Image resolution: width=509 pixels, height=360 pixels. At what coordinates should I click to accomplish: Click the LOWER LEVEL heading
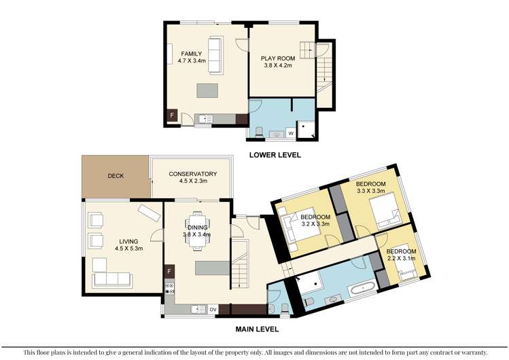coord(275,155)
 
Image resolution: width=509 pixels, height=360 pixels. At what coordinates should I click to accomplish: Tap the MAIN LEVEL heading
coord(257,329)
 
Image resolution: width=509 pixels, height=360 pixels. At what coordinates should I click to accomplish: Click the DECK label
coord(116,176)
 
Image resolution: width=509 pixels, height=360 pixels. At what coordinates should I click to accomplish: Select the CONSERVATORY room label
coord(193,174)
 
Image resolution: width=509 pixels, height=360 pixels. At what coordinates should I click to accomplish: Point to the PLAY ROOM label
coord(278,58)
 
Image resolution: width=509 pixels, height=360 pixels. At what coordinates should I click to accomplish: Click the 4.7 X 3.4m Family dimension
coord(192,60)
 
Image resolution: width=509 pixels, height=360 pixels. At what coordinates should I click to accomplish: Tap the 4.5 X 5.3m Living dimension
coord(128,249)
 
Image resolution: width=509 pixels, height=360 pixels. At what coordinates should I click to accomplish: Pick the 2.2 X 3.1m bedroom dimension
coord(401,259)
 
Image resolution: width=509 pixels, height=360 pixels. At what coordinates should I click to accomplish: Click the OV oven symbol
coord(213,310)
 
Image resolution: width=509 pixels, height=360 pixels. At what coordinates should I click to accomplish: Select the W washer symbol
coord(291,133)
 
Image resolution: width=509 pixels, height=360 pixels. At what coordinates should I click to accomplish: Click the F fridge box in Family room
coord(172,115)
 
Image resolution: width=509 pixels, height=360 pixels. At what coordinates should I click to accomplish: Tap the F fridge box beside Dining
coord(169,272)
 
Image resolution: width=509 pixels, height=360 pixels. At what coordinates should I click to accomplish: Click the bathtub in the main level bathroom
coord(362,288)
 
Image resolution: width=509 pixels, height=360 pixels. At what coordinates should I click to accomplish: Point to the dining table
coord(197,230)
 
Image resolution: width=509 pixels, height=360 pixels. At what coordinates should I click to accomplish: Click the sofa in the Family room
coord(215,55)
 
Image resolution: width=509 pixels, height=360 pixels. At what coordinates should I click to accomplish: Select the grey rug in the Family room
coord(207,90)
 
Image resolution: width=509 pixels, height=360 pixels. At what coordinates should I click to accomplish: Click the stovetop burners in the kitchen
coord(169,289)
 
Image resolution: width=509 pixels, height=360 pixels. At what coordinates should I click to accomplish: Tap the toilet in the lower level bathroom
coord(260,132)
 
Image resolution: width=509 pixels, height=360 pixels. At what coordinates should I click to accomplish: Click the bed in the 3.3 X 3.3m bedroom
coord(385,210)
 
